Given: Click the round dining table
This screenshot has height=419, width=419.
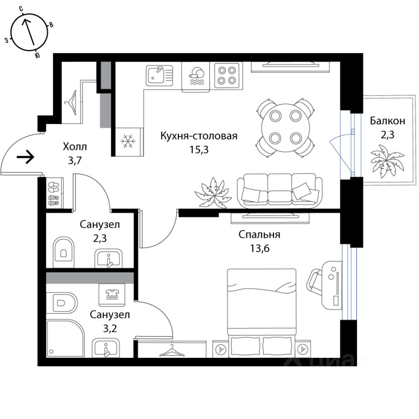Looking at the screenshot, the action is pos(285,127).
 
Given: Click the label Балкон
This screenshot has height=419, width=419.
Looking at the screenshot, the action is pos(388,121).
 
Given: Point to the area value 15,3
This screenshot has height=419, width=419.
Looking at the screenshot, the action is pos(198,149).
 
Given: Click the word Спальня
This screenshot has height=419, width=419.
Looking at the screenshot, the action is pos(259,235).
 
